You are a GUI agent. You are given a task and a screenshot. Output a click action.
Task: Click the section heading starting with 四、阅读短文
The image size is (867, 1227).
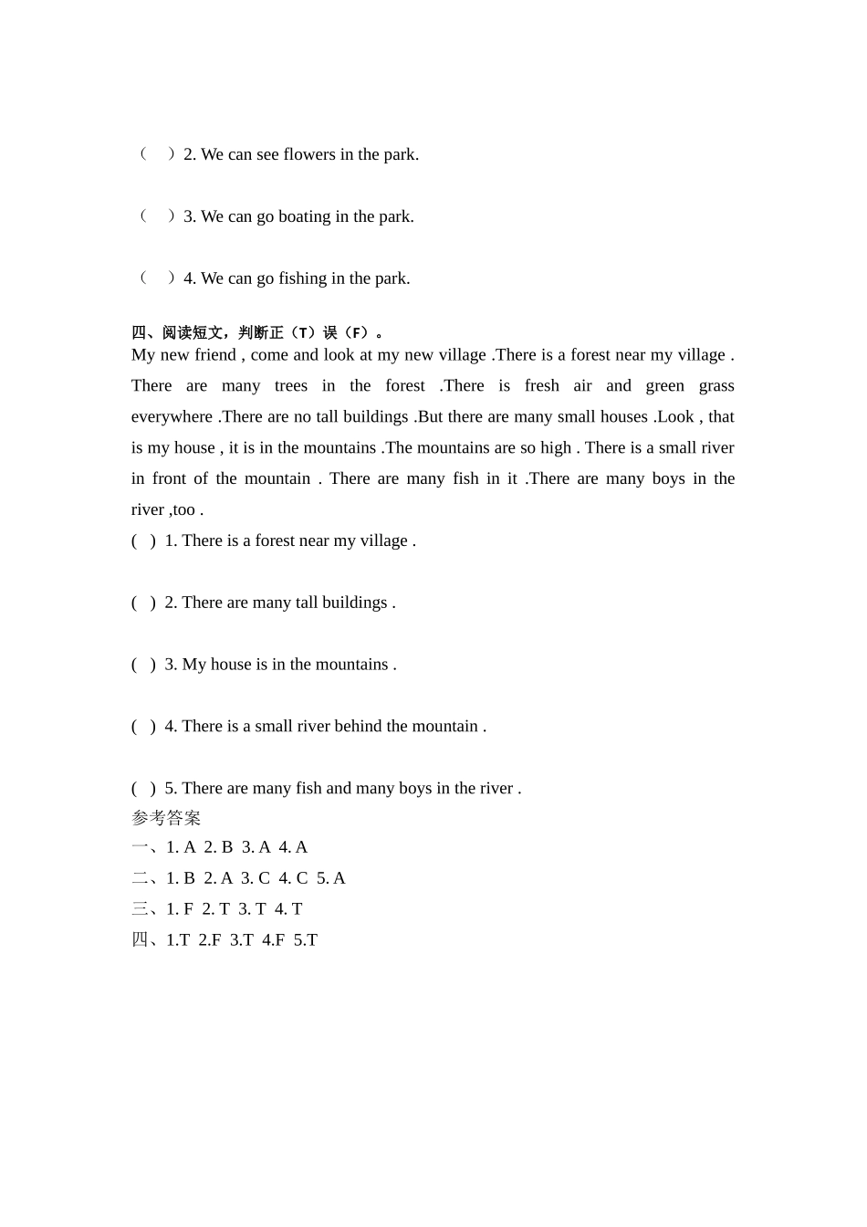click(257, 333)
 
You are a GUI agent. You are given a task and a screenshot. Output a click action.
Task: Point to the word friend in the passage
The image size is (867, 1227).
click(215, 355)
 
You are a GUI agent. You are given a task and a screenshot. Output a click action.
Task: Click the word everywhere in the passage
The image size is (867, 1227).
click(172, 417)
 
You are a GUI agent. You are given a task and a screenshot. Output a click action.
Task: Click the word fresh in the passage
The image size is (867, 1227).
click(541, 386)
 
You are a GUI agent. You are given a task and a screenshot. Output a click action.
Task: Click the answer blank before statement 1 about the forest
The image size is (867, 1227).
click(143, 541)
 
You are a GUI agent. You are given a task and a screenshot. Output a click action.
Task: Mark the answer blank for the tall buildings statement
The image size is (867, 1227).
click(143, 603)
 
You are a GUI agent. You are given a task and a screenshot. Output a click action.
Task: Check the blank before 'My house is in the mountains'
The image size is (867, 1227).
click(143, 666)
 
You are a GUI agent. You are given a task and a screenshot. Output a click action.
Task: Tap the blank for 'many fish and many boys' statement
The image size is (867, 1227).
click(143, 789)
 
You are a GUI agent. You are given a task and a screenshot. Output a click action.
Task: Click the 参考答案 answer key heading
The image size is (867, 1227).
click(166, 818)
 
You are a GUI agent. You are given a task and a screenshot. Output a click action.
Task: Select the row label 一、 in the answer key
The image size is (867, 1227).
click(146, 848)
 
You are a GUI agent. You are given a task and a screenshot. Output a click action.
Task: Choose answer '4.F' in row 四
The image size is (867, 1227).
click(273, 940)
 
